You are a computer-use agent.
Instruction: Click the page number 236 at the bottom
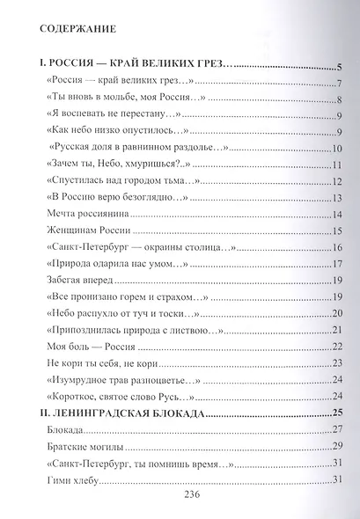click(180, 495)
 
